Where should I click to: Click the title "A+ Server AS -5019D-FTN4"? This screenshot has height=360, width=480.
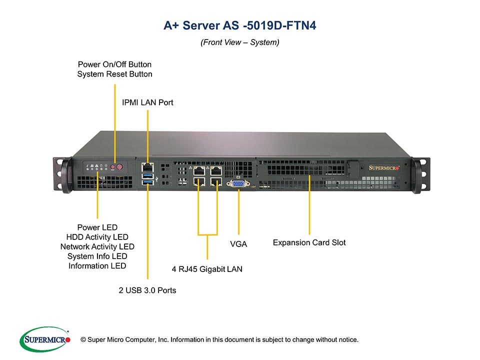pyautogui.click(x=239, y=25)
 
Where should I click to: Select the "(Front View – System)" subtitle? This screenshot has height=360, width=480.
pyautogui.click(x=239, y=42)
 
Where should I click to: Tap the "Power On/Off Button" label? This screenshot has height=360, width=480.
pyautogui.click(x=114, y=64)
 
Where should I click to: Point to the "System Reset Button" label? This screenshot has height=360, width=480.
pyautogui.click(x=114, y=74)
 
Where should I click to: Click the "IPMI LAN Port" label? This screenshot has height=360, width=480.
pyautogui.click(x=147, y=102)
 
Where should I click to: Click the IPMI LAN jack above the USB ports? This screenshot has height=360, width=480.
pyautogui.click(x=148, y=165)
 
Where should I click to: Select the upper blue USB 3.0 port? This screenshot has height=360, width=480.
pyautogui.click(x=148, y=176)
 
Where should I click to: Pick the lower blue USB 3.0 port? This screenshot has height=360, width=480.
pyautogui.click(x=148, y=185)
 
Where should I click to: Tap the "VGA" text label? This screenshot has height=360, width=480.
pyautogui.click(x=238, y=244)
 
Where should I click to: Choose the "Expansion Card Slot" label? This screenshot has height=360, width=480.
pyautogui.click(x=309, y=243)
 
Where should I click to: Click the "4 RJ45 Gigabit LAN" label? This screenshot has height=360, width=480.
pyautogui.click(x=207, y=269)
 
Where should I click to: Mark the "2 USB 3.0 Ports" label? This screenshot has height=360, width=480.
pyautogui.click(x=147, y=290)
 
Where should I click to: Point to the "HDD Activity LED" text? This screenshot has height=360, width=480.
pyautogui.click(x=97, y=237)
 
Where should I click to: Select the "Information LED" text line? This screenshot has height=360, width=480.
pyautogui.click(x=97, y=266)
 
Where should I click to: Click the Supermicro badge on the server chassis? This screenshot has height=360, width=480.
pyautogui.click(x=384, y=168)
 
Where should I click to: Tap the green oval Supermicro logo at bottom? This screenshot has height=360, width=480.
pyautogui.click(x=44, y=339)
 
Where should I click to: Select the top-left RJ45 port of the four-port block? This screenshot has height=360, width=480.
pyautogui.click(x=199, y=170)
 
